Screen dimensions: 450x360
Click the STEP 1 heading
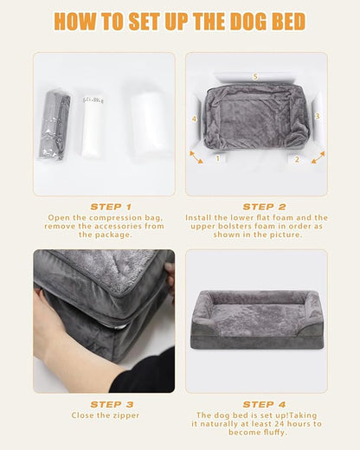coord(111,207)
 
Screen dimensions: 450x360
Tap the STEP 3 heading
coord(111,404)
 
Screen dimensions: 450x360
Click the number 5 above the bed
coord(255,77)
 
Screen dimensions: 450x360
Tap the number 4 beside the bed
coord(195,119)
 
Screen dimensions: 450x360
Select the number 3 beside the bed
coord(318,115)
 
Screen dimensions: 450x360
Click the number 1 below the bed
coord(218,159)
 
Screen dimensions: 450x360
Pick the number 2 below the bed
coord(297,160)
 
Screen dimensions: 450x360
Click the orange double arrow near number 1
coord(196,157)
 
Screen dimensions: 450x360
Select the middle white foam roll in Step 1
coord(93,125)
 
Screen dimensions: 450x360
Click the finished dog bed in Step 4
coord(257,320)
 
